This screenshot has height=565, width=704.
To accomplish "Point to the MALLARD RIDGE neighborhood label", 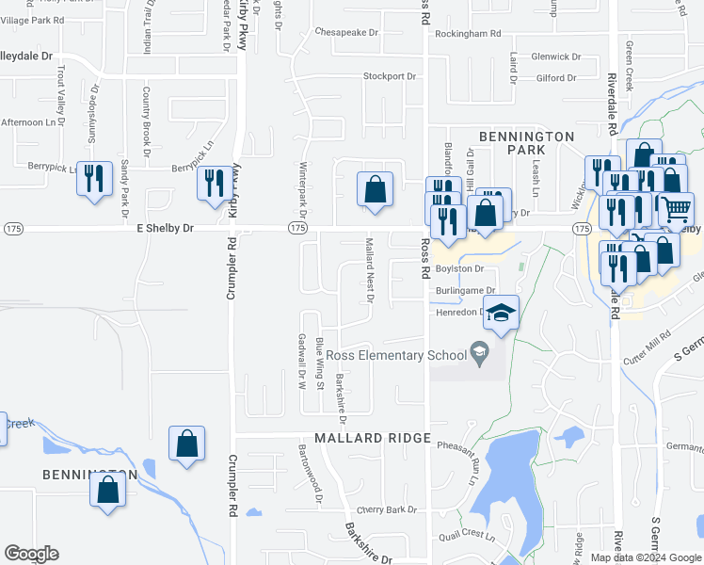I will [x=372, y=439].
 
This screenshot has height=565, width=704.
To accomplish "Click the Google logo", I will [x=31, y=554].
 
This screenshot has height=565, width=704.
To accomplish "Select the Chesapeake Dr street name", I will [x=345, y=32].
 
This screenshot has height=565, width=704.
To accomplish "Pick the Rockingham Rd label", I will [x=468, y=34].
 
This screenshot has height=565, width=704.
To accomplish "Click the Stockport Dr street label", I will [x=391, y=75].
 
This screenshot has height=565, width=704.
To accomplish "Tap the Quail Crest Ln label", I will [x=466, y=534].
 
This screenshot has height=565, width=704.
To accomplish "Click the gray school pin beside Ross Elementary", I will [x=480, y=354].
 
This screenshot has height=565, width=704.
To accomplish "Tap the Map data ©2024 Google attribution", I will [x=645, y=557].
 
